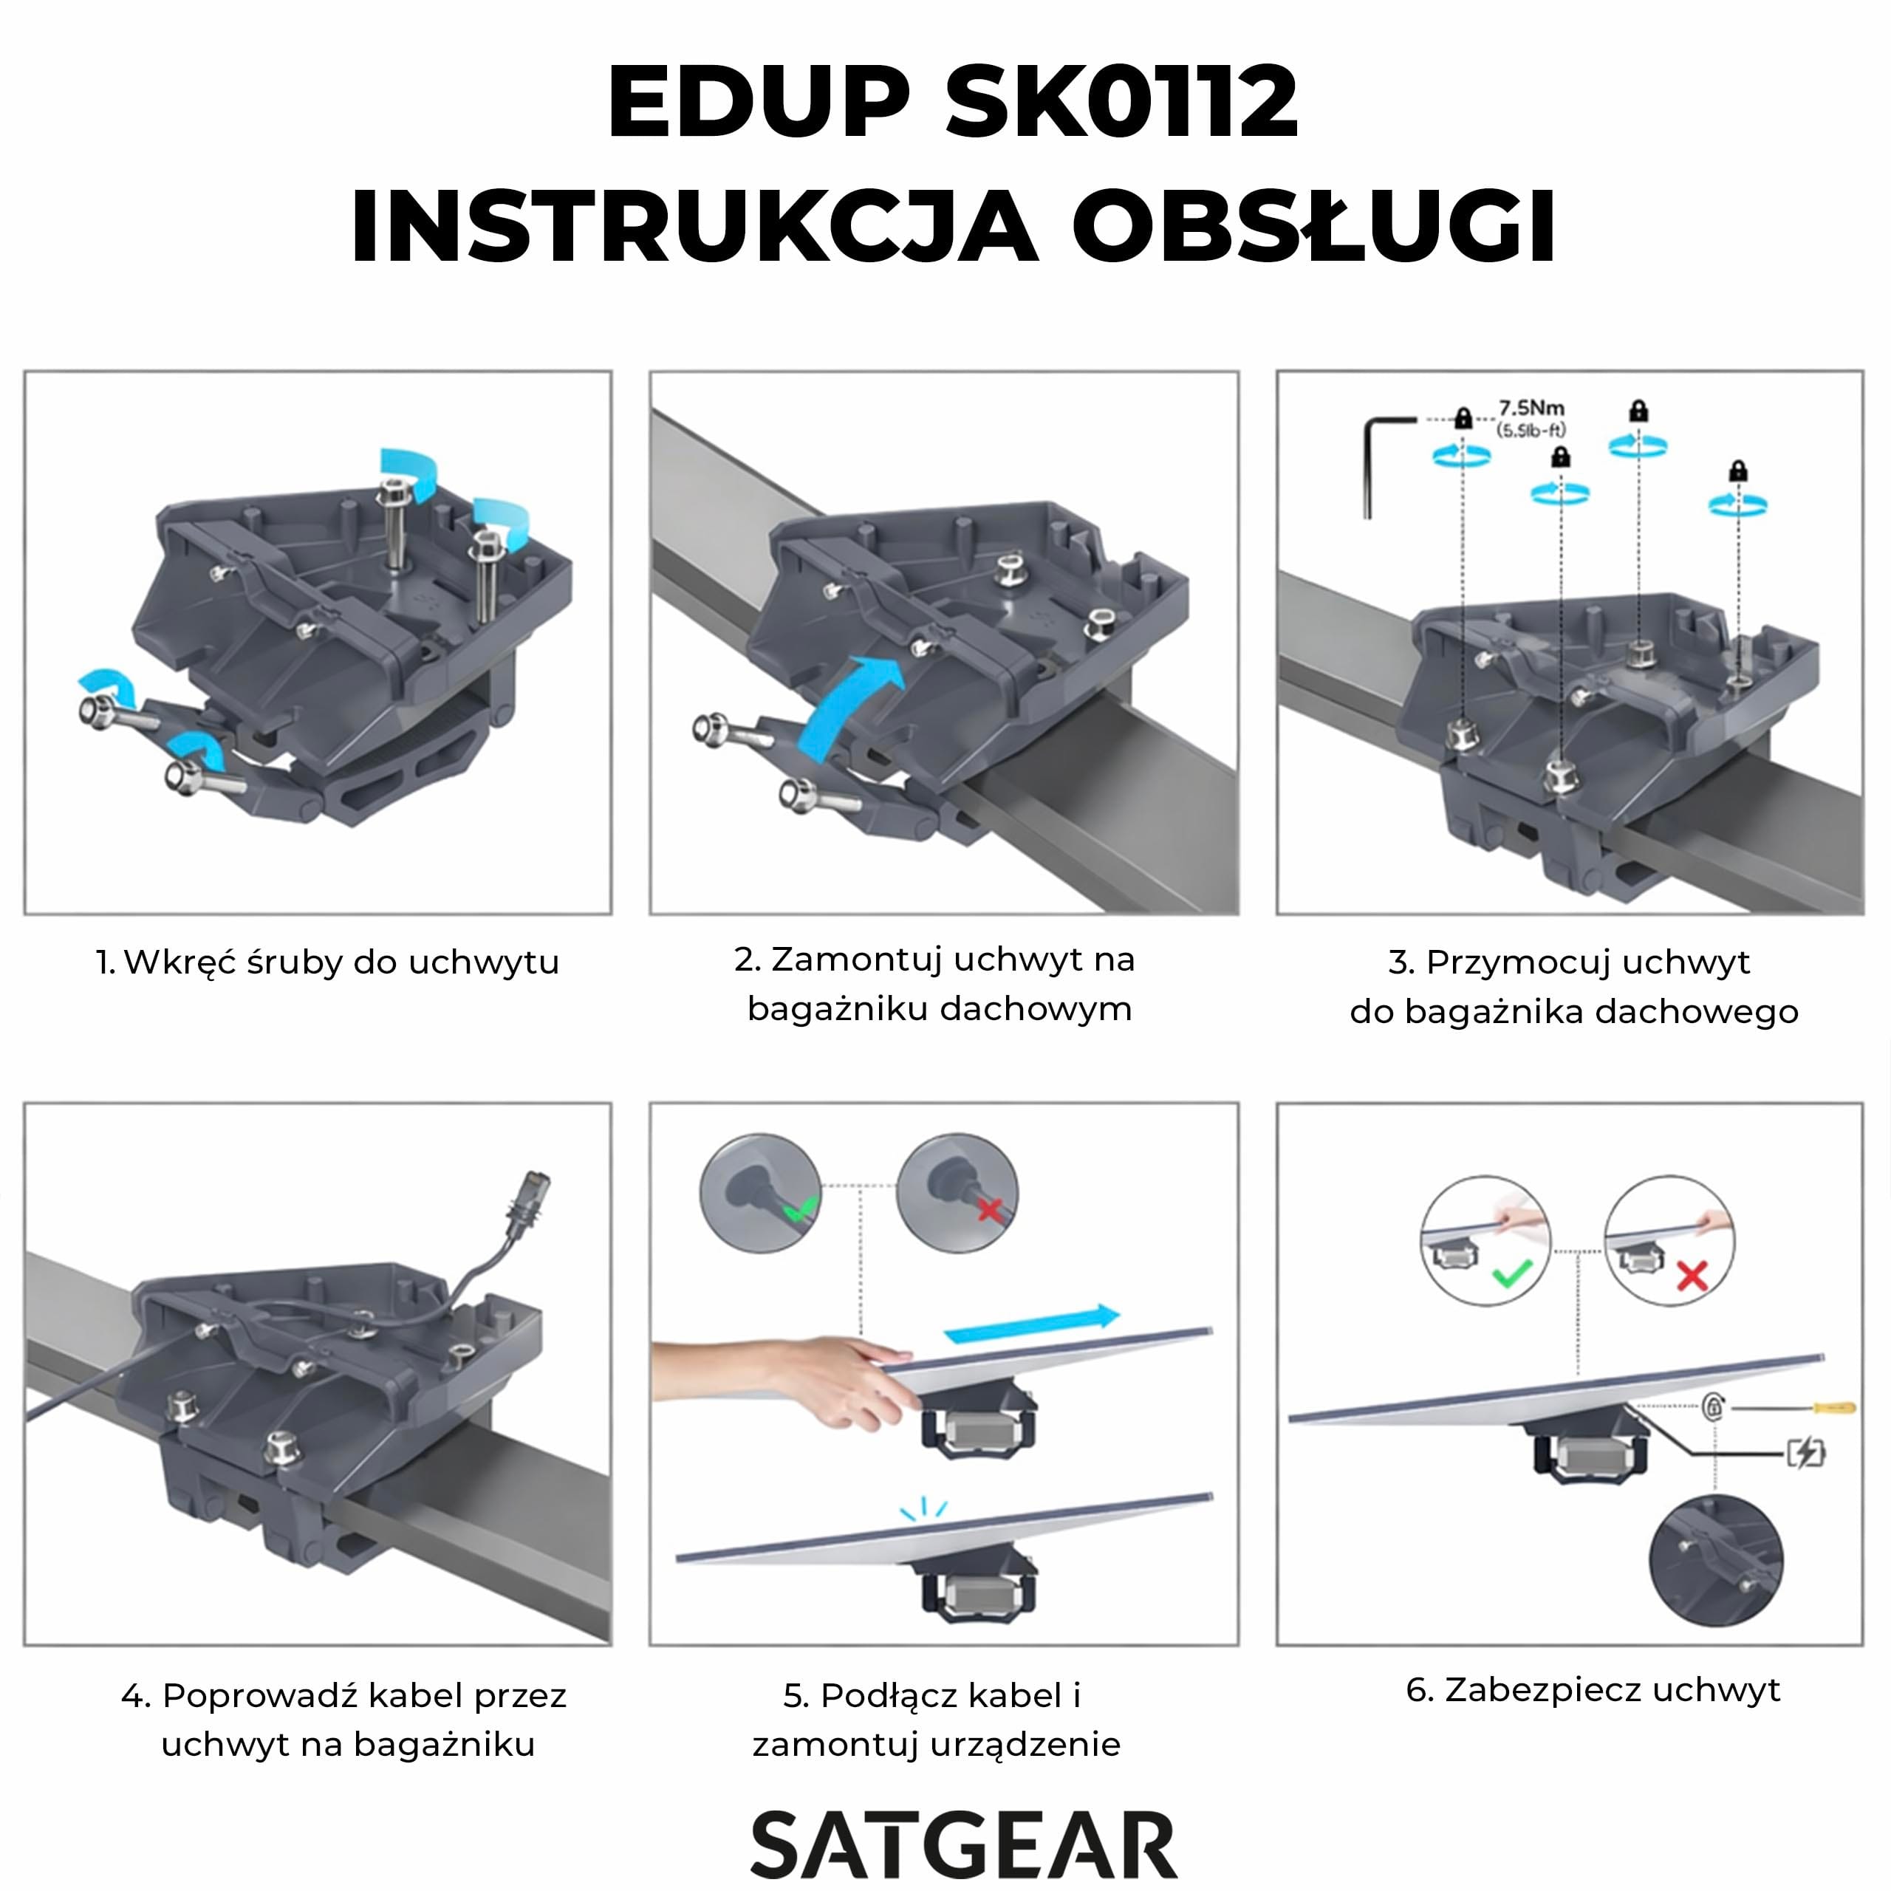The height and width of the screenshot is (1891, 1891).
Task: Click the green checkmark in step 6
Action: click(x=1512, y=1274)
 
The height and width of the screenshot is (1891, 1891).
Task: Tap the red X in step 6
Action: click(x=1692, y=1276)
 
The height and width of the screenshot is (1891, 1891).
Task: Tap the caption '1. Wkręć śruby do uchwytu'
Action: click(x=327, y=963)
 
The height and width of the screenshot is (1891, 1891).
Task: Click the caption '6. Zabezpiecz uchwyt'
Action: click(x=1593, y=1689)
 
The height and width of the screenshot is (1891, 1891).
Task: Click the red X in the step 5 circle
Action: click(x=988, y=1211)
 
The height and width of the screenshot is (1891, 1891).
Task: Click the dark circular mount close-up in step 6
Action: click(x=1716, y=1560)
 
